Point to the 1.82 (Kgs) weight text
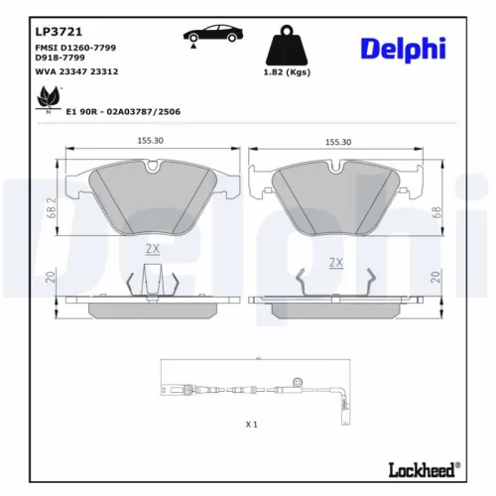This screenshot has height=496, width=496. click(x=286, y=72)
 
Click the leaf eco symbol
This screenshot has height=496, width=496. click(x=45, y=97)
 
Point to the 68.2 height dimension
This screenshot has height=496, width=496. click(x=50, y=206)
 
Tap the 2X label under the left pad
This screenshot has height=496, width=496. click(x=152, y=247)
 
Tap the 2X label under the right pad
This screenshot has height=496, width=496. click(x=335, y=263)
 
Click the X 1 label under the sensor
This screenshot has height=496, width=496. click(x=251, y=424)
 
